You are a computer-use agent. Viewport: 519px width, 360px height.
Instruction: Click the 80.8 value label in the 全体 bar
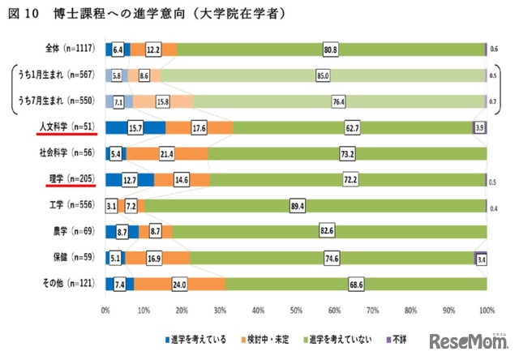point(331,49)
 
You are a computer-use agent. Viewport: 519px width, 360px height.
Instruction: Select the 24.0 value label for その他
point(181,284)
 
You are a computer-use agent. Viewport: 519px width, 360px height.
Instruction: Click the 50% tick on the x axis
point(296,311)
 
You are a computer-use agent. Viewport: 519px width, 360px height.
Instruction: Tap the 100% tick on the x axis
point(486,311)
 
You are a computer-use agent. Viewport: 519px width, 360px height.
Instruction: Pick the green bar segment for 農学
point(324,232)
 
